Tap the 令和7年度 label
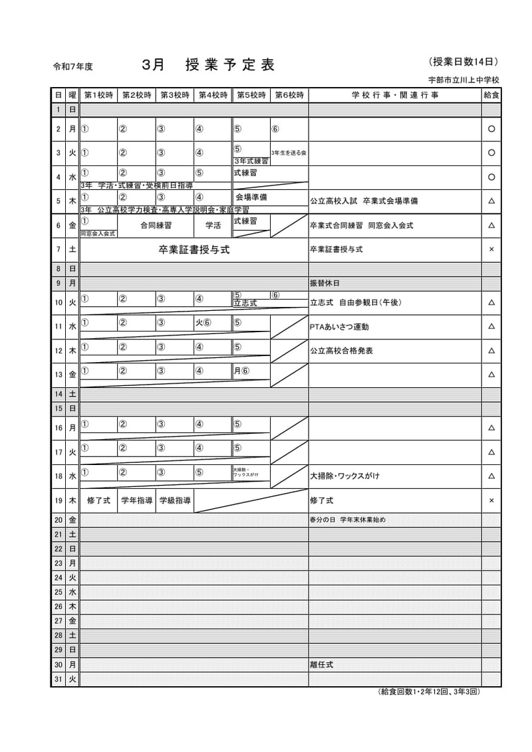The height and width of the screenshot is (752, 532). [x=73, y=66]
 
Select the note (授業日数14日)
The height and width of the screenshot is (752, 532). [x=464, y=62]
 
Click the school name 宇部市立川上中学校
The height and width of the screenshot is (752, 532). [x=464, y=80]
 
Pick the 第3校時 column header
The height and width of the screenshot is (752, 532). [x=175, y=95]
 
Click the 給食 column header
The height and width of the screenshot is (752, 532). [x=491, y=95]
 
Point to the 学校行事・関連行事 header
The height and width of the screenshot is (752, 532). [x=395, y=95]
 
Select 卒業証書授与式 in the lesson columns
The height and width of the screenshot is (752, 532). [x=194, y=250]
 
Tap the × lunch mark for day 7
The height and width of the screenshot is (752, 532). [x=491, y=250]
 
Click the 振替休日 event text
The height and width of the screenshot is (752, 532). [x=325, y=283]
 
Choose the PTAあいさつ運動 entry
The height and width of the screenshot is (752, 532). [x=339, y=327]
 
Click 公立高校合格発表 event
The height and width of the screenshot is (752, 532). [x=341, y=351]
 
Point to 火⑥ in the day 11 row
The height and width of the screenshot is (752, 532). [x=203, y=323]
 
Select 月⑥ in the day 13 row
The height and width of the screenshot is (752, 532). [x=241, y=371]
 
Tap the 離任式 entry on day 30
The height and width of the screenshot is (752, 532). [x=322, y=664]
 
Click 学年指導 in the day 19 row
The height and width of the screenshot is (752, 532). [x=137, y=500]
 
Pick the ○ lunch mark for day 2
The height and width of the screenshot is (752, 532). [x=491, y=129]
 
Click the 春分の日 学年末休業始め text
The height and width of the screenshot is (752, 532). [x=347, y=519]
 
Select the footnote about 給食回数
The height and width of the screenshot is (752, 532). [x=429, y=692]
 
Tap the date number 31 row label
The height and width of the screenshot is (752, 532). [x=59, y=679]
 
